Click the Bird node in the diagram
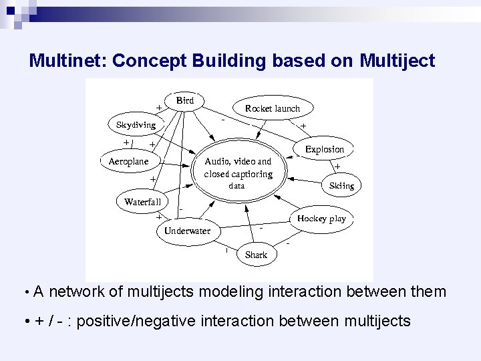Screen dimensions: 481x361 pos(185,100)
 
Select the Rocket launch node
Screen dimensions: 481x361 pos(273,108)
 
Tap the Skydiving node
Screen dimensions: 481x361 pos(136,125)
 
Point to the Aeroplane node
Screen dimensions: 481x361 pos(129,162)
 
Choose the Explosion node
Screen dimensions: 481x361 pos(325,149)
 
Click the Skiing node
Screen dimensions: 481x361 pos(341,186)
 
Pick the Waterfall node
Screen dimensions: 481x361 pos(143,202)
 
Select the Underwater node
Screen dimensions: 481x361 pos(187,231)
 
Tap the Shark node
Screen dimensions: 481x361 pos(256,255)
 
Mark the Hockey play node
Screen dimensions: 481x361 pos(321,219)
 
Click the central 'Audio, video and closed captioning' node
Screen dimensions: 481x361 pos(238,168)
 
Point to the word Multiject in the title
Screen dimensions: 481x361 pos(397,61)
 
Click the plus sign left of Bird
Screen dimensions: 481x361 pos(159,107)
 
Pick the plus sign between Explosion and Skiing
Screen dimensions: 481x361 pos(337,167)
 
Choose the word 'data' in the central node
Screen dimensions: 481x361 pos(237,186)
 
